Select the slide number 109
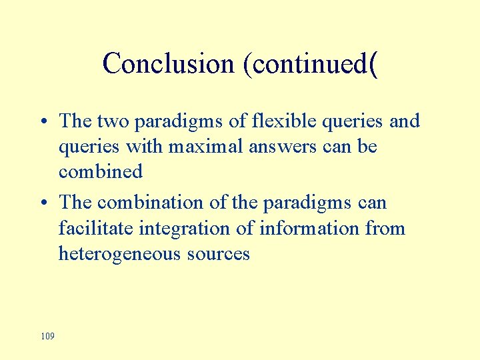[x=47, y=336]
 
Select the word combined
[x=101, y=172]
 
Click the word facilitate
[x=96, y=229]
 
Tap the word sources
[x=219, y=254]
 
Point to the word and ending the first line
[x=405, y=121]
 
